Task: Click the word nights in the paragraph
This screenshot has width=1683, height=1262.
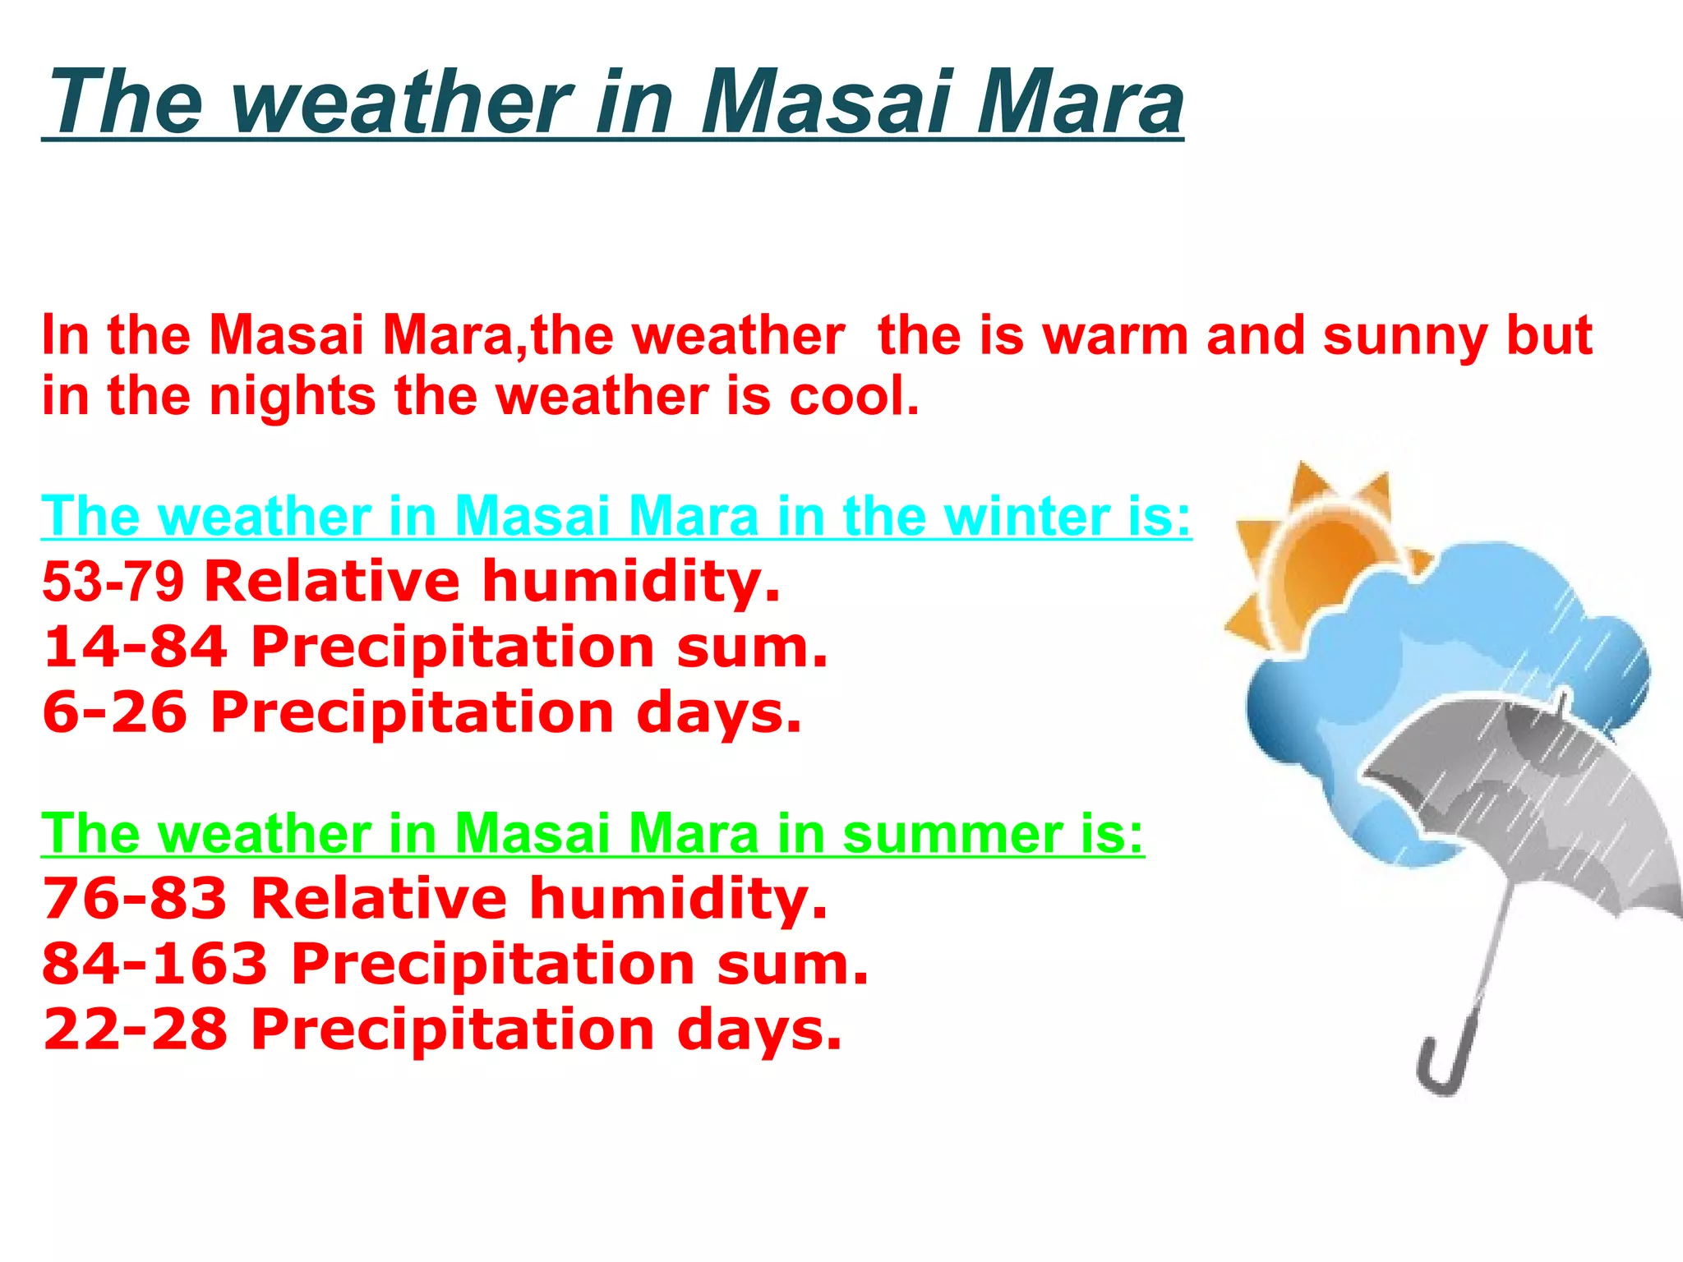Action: (x=293, y=398)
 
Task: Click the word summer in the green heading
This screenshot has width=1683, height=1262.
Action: (x=952, y=834)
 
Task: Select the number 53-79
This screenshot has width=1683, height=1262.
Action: (x=113, y=582)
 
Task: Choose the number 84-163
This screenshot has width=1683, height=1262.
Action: (x=155, y=964)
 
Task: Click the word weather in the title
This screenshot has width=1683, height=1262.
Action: (x=403, y=103)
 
